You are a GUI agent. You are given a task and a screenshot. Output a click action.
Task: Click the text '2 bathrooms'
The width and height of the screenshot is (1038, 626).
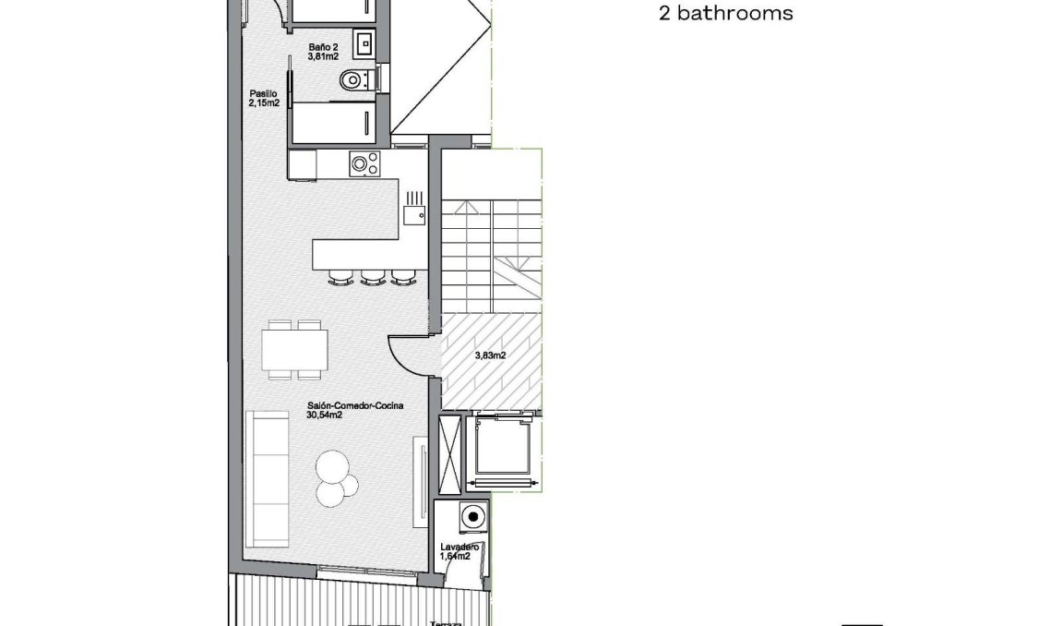tap(726, 14)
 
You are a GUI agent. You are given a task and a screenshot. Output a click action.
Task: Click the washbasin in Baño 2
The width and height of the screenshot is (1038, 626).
tap(364, 42)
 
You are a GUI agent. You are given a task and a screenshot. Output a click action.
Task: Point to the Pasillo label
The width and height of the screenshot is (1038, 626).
tap(262, 93)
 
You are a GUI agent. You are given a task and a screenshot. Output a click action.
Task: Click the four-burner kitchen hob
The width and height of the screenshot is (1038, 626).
tap(365, 164)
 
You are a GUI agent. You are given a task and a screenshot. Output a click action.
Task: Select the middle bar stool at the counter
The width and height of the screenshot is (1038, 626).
tap(373, 275)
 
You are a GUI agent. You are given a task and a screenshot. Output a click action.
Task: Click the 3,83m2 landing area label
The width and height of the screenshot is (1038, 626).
tap(489, 355)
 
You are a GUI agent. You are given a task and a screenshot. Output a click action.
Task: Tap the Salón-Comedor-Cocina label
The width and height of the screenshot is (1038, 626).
tap(355, 404)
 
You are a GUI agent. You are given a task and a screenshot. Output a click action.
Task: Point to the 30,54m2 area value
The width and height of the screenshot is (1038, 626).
tap(325, 415)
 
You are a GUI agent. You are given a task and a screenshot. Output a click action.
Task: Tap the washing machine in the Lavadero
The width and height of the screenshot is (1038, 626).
tap(474, 517)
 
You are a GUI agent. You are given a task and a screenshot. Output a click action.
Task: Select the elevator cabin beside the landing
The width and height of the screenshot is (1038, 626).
tap(503, 451)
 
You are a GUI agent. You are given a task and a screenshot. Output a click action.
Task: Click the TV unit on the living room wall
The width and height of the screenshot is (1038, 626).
tap(420, 480)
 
